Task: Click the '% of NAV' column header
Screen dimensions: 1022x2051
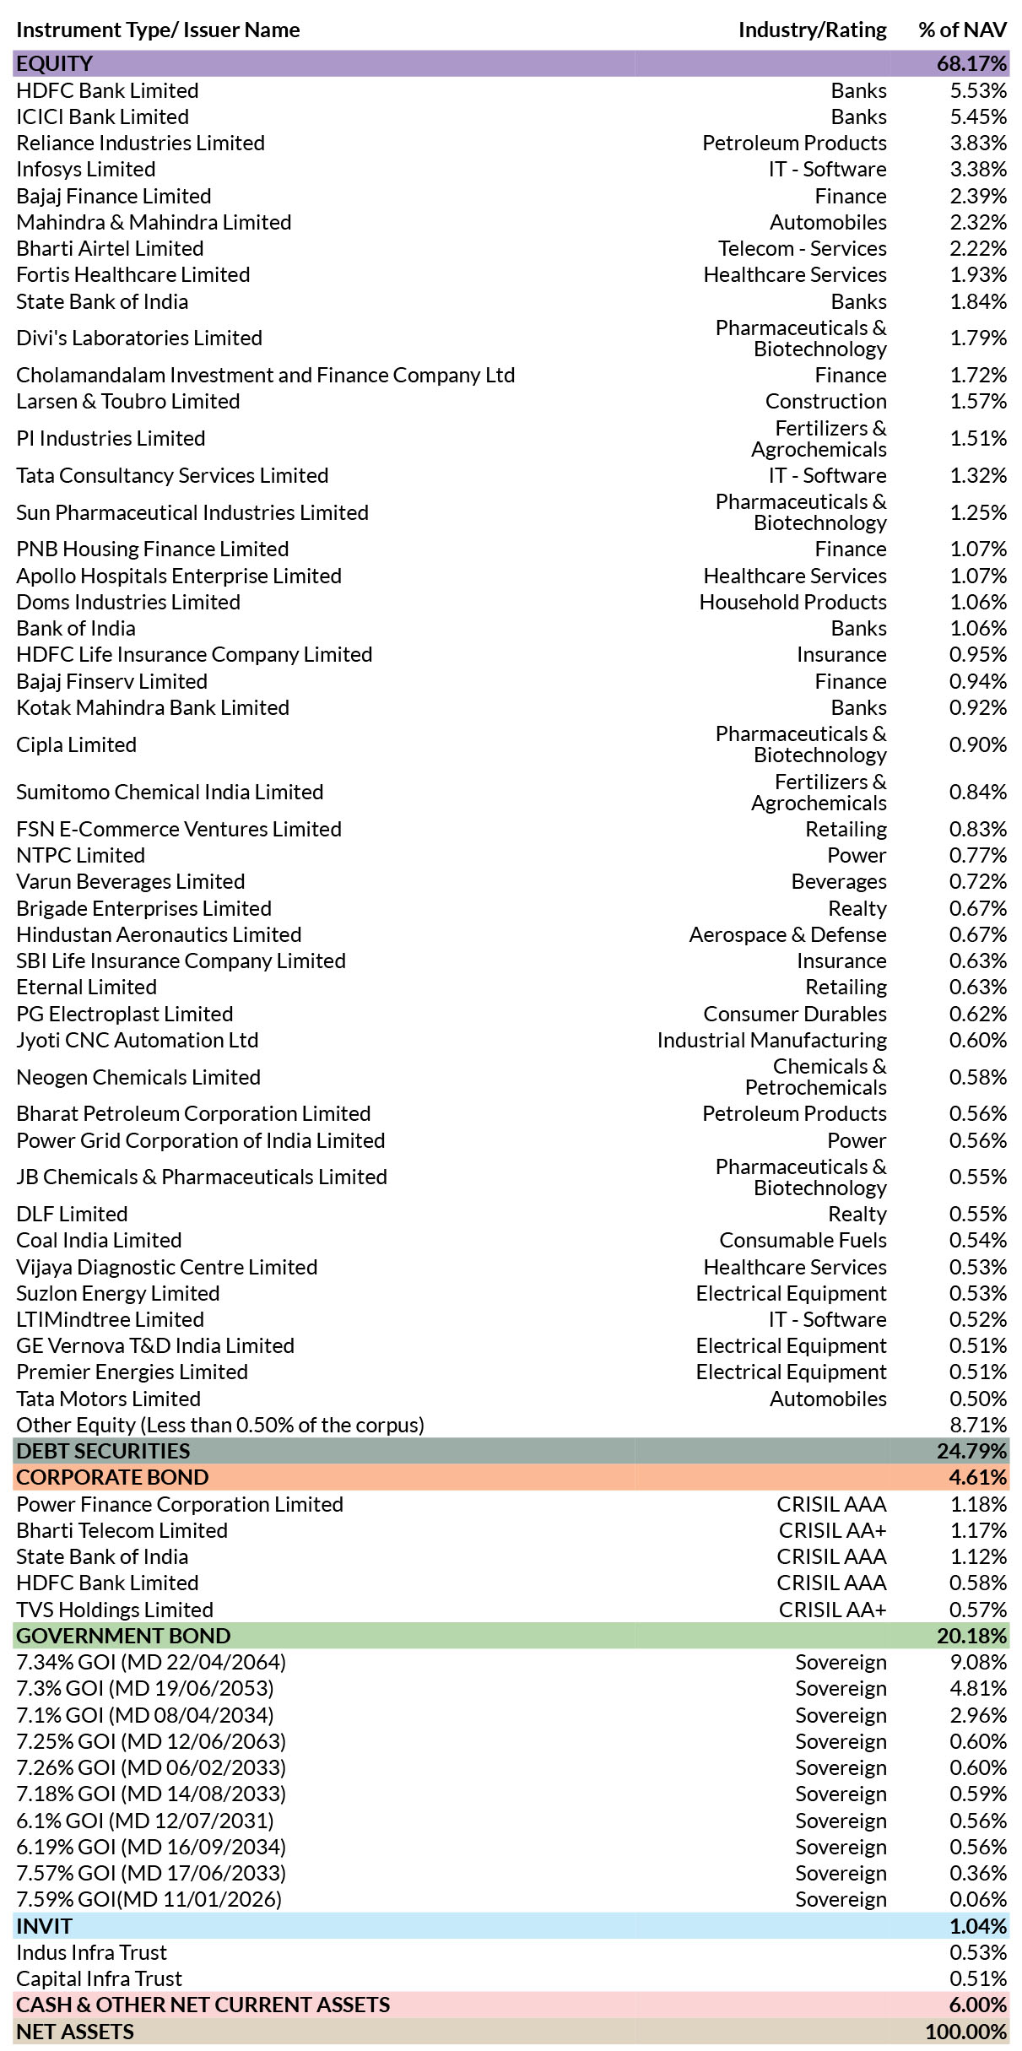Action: pyautogui.click(x=962, y=30)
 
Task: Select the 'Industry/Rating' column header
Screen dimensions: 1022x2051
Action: pyautogui.click(x=812, y=30)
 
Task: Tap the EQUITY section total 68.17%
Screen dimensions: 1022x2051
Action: pyautogui.click(x=971, y=64)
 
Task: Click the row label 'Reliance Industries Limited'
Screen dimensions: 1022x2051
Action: pyautogui.click(x=140, y=143)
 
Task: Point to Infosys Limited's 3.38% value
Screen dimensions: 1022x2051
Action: pyautogui.click(x=978, y=170)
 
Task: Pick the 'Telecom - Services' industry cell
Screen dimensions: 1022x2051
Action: pyautogui.click(x=802, y=249)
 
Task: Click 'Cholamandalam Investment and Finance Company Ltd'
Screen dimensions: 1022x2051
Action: pyautogui.click(x=265, y=376)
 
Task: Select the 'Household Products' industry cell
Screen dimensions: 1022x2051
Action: pyautogui.click(x=792, y=603)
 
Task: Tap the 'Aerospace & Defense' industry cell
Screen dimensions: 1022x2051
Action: pyautogui.click(x=787, y=935)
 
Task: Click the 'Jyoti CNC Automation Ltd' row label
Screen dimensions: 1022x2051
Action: pyautogui.click(x=137, y=1041)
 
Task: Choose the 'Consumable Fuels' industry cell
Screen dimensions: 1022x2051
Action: pyautogui.click(x=803, y=1241)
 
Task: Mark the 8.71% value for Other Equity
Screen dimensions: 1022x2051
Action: pyautogui.click(x=978, y=1426)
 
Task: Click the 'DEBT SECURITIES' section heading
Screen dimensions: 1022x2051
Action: pyautogui.click(x=103, y=1452)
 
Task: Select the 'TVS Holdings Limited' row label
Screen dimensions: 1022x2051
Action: pyautogui.click(x=115, y=1610)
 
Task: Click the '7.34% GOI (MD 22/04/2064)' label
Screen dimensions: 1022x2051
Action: pyautogui.click(x=151, y=1663)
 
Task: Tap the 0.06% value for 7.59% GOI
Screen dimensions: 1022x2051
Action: pyautogui.click(x=978, y=1900)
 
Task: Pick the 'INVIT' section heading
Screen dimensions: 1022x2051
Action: pyautogui.click(x=44, y=1927)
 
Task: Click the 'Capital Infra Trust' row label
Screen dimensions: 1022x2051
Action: pyautogui.click(x=99, y=1979)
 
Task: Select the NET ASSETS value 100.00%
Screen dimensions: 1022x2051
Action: pyautogui.click(x=965, y=2032)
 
